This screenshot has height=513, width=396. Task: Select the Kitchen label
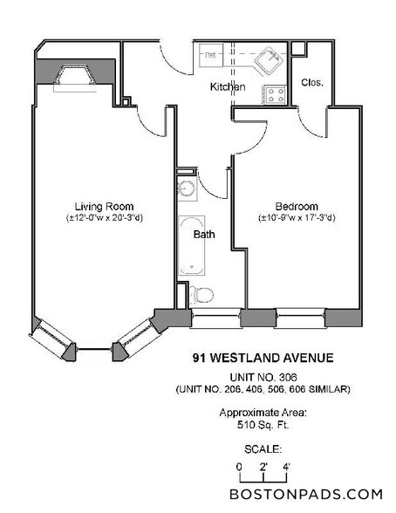point(227,87)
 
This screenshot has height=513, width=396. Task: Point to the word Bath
point(203,234)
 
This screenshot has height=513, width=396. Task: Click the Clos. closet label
point(312,83)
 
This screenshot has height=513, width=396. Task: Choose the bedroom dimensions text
point(297,217)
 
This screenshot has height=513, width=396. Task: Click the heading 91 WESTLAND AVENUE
point(262,357)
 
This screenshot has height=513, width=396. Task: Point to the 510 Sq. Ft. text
point(262,426)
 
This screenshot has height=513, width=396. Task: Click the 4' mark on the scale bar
point(284,465)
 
